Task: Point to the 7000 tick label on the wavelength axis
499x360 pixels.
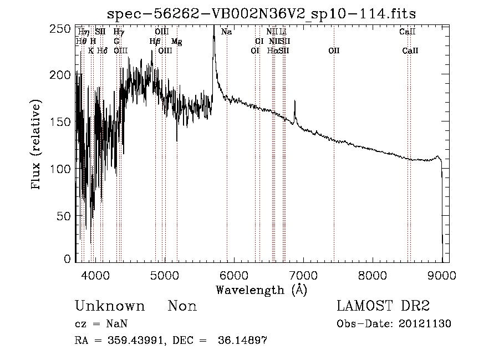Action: [x=303, y=275]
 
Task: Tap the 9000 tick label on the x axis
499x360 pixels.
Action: [x=441, y=275]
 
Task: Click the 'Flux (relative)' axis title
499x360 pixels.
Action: [x=37, y=145]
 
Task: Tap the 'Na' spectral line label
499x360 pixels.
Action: [x=226, y=32]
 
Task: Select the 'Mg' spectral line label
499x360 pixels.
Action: [x=176, y=42]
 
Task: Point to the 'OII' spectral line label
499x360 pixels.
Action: [x=333, y=51]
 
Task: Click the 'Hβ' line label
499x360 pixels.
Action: [x=155, y=42]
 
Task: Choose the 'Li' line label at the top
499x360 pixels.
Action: [x=283, y=32]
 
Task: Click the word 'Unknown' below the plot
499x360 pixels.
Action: [x=110, y=306]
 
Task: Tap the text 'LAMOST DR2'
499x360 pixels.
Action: [x=383, y=306]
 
